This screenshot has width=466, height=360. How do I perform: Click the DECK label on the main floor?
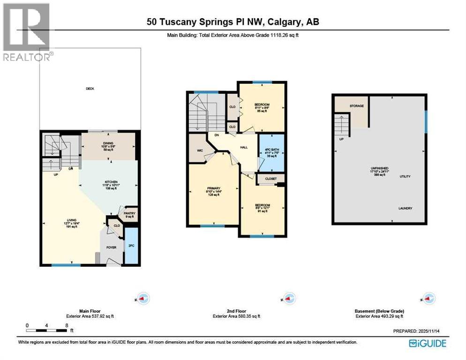[90, 88]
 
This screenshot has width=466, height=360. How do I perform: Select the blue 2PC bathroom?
[131, 245]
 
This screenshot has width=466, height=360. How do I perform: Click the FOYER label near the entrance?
[111, 247]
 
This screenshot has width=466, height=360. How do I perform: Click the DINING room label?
[109, 144]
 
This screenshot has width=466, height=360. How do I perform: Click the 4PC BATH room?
[271, 153]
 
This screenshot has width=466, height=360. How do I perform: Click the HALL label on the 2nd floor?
[244, 147]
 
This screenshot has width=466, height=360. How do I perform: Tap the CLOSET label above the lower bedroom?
[271, 179]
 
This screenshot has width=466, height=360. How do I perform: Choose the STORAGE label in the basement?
[356, 106]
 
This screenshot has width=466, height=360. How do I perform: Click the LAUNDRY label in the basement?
[406, 208]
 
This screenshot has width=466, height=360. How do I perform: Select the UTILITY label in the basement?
[405, 176]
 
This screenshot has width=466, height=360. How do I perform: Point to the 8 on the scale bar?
[67, 325]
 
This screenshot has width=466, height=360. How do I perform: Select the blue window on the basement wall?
[426, 121]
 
